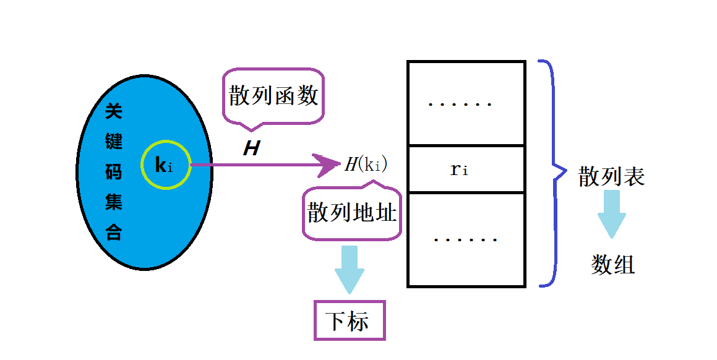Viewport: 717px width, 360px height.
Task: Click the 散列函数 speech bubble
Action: click(x=273, y=96)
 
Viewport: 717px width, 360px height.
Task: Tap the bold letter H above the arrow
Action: click(x=251, y=148)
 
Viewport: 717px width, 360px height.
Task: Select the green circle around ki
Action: click(x=165, y=165)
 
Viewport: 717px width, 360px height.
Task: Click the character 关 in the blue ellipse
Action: click(x=113, y=112)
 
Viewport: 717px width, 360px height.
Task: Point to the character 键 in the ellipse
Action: click(x=113, y=142)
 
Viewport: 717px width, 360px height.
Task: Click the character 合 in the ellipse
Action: click(x=113, y=233)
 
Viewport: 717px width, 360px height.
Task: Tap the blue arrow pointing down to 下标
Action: click(x=349, y=270)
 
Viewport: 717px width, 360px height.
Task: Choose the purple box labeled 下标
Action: click(x=350, y=320)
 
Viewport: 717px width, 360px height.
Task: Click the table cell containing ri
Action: click(x=466, y=169)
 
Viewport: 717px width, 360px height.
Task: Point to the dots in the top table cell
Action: click(x=460, y=104)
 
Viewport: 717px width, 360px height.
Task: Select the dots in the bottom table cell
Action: click(x=465, y=239)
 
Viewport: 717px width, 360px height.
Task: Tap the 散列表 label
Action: click(x=611, y=177)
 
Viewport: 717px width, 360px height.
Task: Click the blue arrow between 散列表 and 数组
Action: click(x=612, y=214)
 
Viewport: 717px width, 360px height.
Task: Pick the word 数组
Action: click(x=612, y=265)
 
